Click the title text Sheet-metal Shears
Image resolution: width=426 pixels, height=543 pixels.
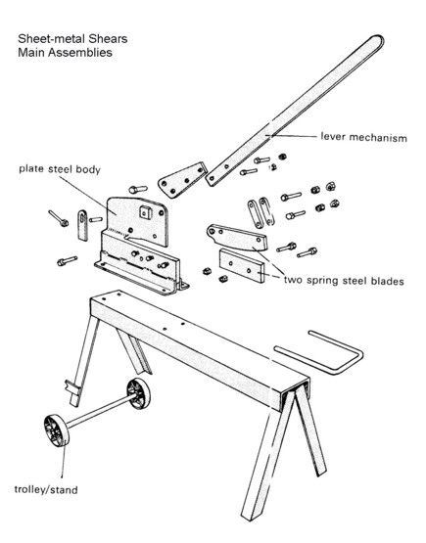coord(72,39)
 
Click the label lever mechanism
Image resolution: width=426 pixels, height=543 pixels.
coord(363,137)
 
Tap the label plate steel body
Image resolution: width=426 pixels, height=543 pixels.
coord(60,169)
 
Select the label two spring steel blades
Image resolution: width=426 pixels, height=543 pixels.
coord(344,280)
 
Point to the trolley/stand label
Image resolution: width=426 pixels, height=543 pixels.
coord(46,489)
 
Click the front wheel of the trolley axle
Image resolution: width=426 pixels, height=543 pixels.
coord(56,430)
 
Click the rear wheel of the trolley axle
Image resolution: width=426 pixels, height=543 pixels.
coord(139,393)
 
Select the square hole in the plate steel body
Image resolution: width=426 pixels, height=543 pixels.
coord(146,211)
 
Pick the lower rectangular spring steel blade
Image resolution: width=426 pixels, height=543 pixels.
coord(242,266)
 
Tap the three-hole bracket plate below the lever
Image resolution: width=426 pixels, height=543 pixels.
coord(182,180)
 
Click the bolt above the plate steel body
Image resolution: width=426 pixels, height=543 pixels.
coord(138,190)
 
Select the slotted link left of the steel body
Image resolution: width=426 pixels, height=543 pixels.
coord(82,225)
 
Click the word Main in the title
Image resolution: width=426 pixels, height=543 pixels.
coord(32,53)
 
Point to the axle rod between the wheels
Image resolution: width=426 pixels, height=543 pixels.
coord(99,412)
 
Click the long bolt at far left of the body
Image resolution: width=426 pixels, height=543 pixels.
coord(58,218)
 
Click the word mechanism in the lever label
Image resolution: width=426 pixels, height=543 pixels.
coord(378,138)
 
